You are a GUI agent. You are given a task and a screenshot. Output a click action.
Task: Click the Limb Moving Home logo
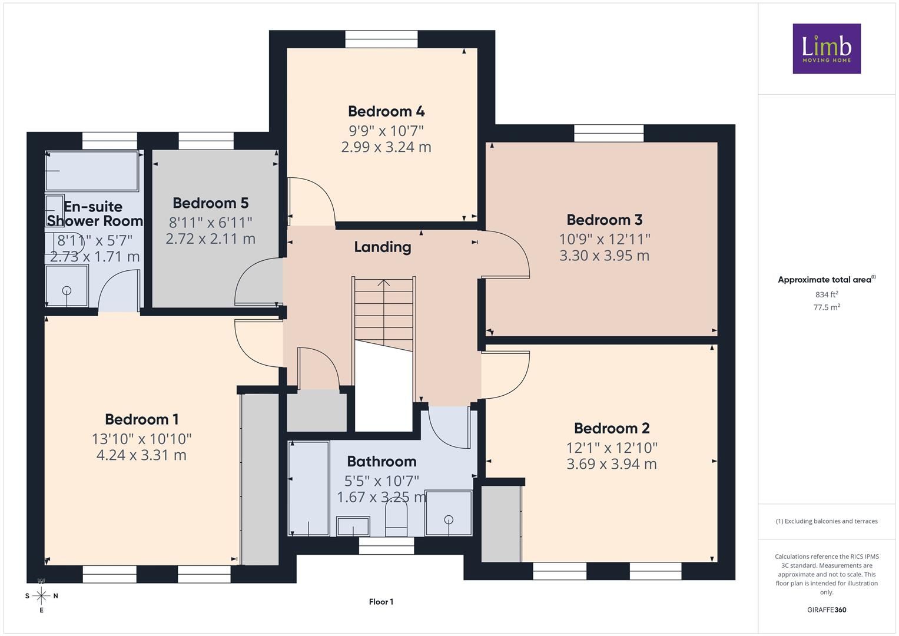[827, 48]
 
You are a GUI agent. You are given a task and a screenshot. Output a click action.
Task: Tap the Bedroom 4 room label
[386, 111]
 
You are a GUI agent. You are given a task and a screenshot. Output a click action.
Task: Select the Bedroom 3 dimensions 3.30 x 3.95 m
[605, 256]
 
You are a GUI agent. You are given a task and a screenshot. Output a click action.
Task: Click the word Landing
[383, 247]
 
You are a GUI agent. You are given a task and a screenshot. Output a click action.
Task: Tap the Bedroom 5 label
[211, 203]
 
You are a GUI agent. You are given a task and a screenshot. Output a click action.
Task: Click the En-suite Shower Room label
[95, 214]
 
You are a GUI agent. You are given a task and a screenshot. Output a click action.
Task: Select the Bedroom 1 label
[142, 419]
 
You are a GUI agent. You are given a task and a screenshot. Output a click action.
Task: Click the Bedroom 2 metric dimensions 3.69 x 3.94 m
[612, 464]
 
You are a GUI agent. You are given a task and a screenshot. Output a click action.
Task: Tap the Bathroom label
[382, 461]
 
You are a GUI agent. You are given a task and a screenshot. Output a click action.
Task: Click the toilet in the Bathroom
[396, 519]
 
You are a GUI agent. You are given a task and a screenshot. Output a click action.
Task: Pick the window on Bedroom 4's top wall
[382, 39]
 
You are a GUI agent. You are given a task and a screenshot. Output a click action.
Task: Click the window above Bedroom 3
[609, 133]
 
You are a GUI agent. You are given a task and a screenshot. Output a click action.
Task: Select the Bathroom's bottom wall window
[386, 546]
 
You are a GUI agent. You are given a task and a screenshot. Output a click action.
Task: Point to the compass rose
[41, 595]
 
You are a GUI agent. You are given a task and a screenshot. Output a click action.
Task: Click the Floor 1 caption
[382, 601]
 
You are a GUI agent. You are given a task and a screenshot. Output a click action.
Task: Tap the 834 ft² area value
[827, 294]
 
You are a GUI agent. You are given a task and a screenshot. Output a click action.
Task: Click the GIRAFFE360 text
[827, 609]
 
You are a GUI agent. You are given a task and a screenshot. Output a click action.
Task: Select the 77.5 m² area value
[827, 307]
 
